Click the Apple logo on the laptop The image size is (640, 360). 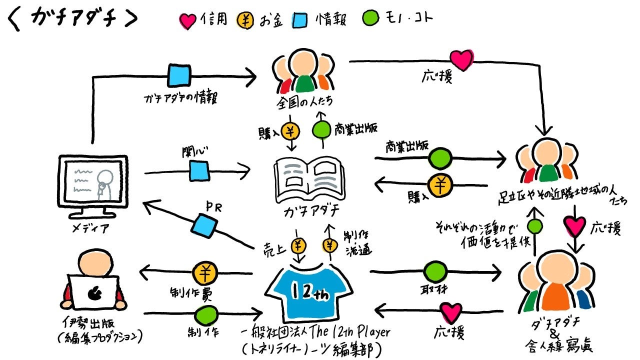click(93, 294)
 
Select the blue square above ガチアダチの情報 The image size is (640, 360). click(179, 76)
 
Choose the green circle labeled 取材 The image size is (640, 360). click(435, 273)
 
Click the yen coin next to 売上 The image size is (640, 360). click(298, 245)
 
